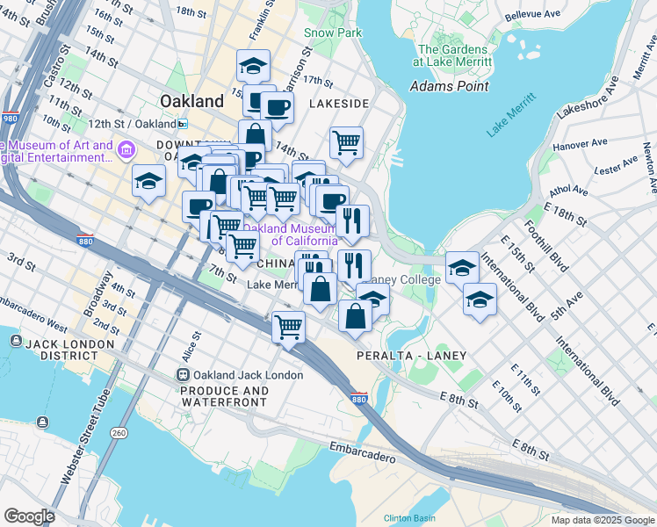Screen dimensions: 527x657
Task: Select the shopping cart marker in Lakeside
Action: coord(347,141)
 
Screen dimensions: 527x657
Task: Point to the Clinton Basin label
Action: coord(409,517)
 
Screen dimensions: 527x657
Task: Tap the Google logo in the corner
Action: coord(29,516)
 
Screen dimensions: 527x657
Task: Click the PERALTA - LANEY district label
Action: coord(411,356)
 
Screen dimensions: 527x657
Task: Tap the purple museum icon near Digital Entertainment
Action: coord(126,151)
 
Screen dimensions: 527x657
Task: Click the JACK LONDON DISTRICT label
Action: coord(61,349)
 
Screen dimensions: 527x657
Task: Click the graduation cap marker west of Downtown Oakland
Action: coord(149,183)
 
